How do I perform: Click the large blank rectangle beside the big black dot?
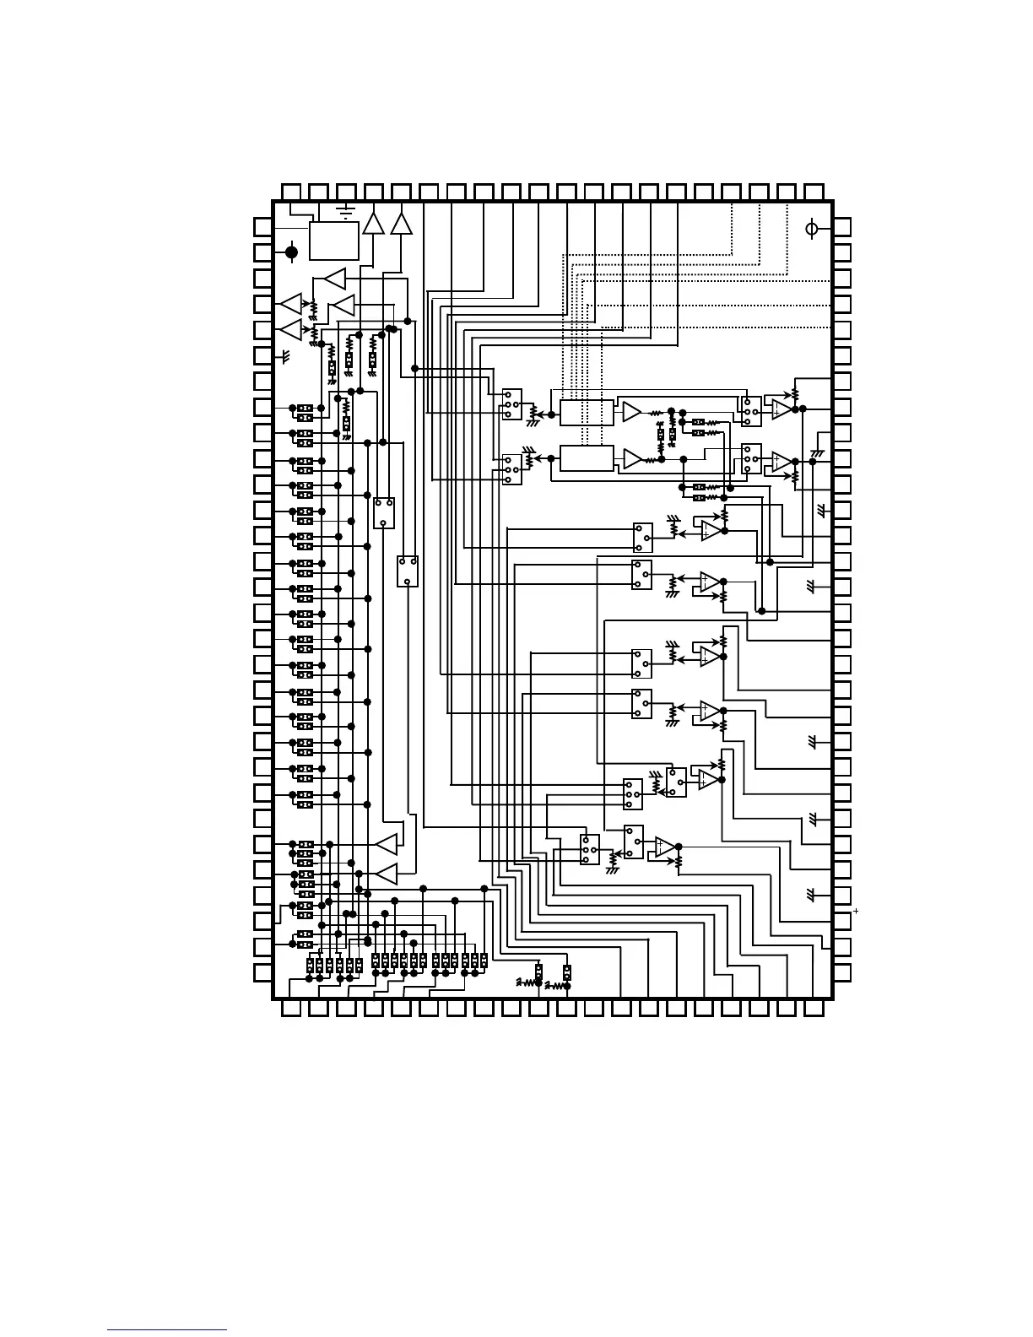tap(334, 241)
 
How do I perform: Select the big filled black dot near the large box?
tap(292, 252)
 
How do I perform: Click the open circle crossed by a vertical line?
tap(812, 228)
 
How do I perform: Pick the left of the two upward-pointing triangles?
tap(373, 223)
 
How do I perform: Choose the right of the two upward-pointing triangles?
tap(402, 223)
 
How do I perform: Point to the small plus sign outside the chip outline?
tap(856, 911)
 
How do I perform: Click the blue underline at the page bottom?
tap(167, 1329)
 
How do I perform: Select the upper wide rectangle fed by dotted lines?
tap(587, 414)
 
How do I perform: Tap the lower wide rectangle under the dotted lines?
tap(587, 458)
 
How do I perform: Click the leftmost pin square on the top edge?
tap(290, 192)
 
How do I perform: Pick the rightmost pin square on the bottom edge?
tap(814, 1009)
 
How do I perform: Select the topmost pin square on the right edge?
tap(841, 226)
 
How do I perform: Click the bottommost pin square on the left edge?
tap(263, 972)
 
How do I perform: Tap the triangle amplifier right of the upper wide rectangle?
tap(632, 412)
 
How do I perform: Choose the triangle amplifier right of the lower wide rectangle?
tap(632, 458)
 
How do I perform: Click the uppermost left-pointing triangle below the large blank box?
tap(335, 278)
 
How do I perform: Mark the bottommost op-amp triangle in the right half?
tap(665, 847)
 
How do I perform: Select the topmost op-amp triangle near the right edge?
tap(782, 409)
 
